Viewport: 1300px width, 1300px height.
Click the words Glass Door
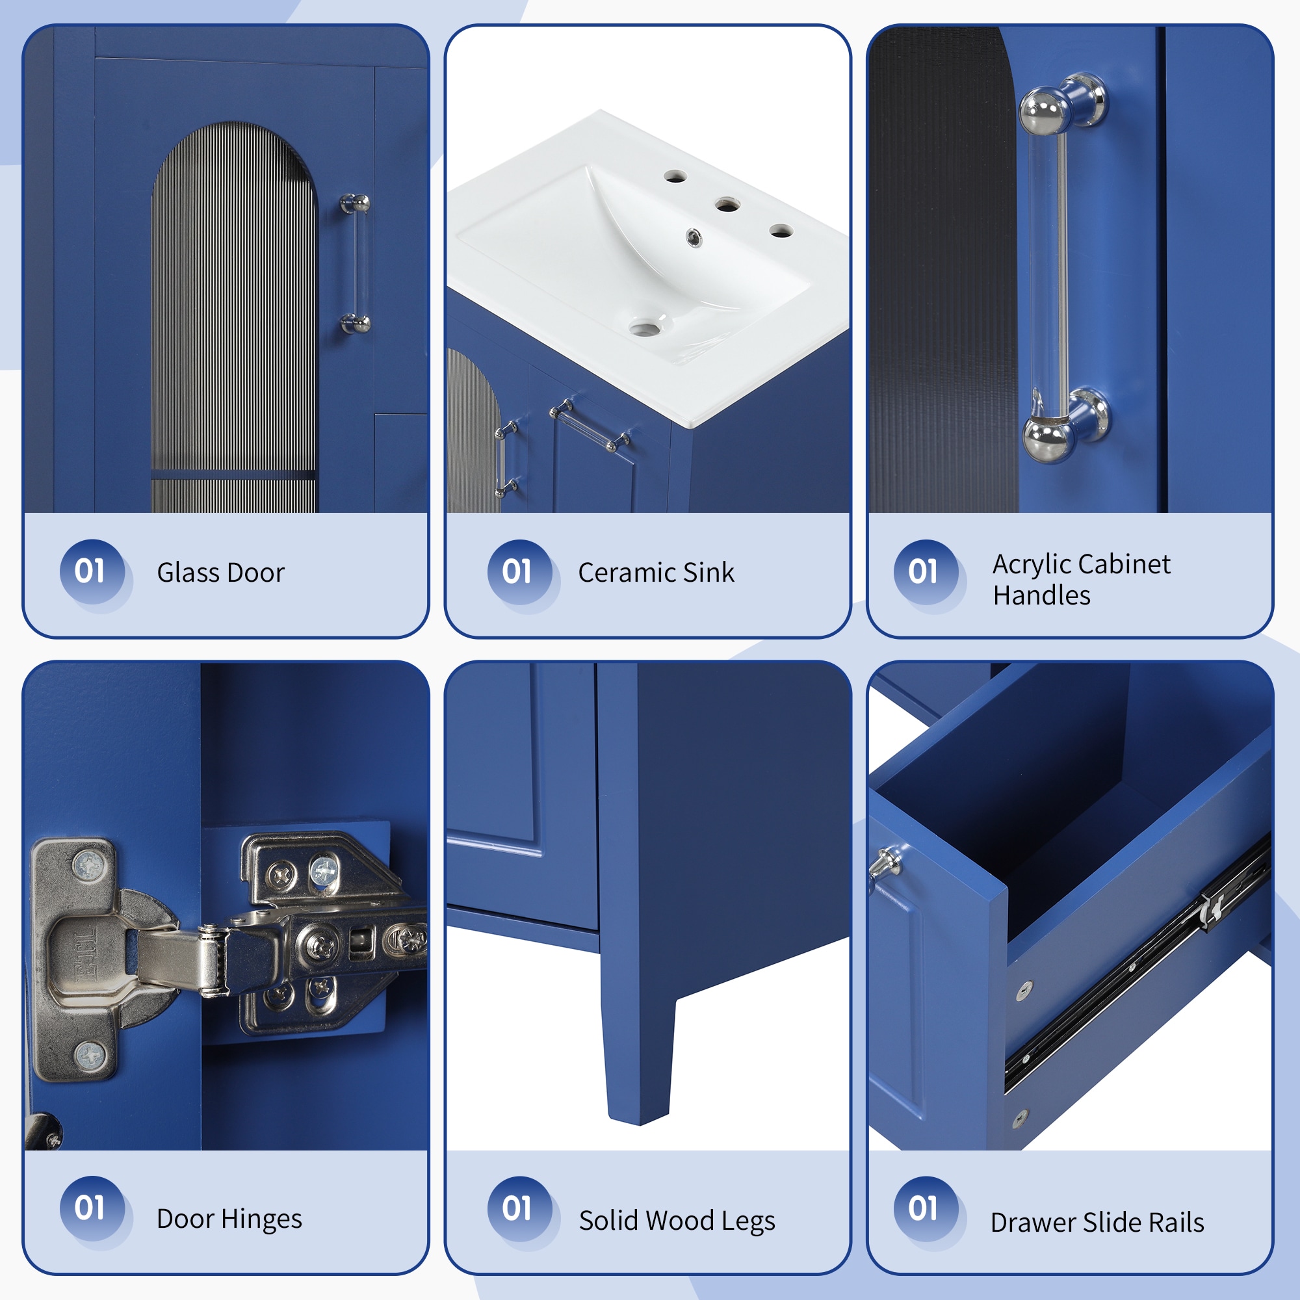(x=221, y=573)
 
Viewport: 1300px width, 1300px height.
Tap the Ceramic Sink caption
(x=656, y=573)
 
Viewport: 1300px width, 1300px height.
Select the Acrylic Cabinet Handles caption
(x=1082, y=579)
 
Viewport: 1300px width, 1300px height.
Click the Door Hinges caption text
(x=229, y=1219)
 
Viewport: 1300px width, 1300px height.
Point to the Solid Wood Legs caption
(x=677, y=1221)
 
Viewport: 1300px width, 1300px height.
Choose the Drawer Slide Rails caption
(x=1097, y=1222)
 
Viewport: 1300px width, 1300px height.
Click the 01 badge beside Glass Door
(x=92, y=572)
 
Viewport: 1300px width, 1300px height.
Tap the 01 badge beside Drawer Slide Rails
(x=926, y=1208)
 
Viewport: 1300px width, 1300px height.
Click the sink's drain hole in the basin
(x=645, y=328)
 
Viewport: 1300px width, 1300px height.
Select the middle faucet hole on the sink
(x=727, y=204)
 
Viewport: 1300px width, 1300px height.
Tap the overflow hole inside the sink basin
(x=693, y=237)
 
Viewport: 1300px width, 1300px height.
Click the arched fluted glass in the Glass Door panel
(x=234, y=317)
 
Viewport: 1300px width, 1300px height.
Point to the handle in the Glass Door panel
(x=356, y=264)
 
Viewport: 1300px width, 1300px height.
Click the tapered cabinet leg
(x=639, y=1050)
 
